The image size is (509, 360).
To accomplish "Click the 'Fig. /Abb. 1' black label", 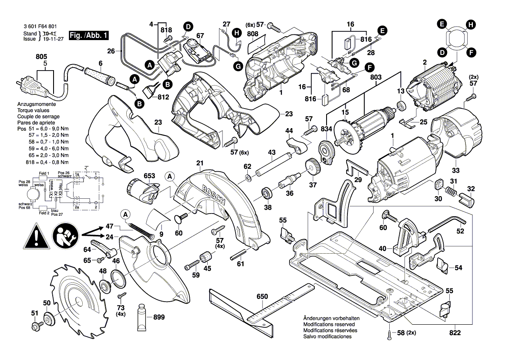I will point(90,34).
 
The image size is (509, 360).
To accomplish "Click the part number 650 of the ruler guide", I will point(262,297).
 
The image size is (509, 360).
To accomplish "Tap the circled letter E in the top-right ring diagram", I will point(443,24).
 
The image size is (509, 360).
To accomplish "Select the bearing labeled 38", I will point(264,193).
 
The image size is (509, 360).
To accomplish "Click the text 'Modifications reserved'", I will point(330,325).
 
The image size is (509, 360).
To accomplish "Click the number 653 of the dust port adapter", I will point(149,176).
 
